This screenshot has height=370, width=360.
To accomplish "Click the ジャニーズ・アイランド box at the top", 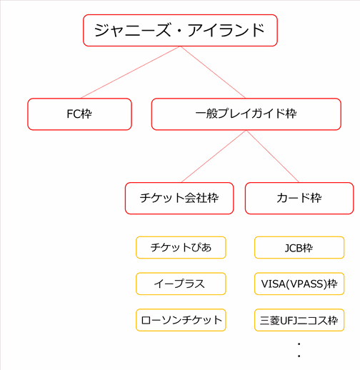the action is [180, 30].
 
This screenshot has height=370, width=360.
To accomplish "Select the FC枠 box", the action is [79, 114].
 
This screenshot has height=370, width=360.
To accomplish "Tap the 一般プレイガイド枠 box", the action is [246, 114].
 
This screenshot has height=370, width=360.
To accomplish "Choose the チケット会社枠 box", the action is [179, 198].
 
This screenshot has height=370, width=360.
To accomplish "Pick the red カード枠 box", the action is [299, 198].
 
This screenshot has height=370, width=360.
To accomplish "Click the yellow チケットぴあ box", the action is [181, 247].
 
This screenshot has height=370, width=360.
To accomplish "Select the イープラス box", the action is [181, 284].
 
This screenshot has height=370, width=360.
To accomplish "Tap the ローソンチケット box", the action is [181, 320].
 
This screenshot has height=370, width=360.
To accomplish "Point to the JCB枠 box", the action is [299, 247].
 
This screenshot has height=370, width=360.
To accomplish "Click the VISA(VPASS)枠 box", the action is [299, 284].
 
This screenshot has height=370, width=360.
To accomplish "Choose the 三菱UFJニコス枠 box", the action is [299, 320].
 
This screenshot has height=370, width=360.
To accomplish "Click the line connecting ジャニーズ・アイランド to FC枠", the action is [131, 72].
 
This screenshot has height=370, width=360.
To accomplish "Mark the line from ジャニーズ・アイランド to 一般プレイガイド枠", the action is [213, 72].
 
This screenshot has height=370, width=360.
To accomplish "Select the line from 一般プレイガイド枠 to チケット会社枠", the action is [214, 156].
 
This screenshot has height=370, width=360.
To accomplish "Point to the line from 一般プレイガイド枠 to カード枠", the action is [273, 156].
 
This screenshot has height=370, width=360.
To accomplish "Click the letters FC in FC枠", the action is [73, 114].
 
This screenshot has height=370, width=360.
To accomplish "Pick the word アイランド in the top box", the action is [226, 30].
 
